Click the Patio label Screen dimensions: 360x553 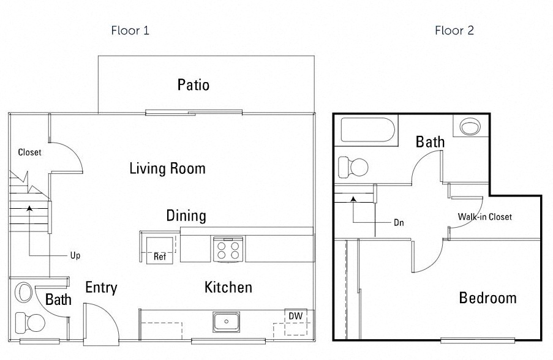tap(193, 84)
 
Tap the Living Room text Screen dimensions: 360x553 tap(167, 168)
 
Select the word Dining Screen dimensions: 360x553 tap(186, 216)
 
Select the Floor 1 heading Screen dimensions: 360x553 tap(130, 30)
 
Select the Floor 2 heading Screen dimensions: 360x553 tap(454, 30)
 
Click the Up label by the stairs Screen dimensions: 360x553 tap(75, 255)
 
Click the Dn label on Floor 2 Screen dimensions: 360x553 tap(399, 223)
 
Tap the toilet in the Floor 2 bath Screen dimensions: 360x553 tap(353, 166)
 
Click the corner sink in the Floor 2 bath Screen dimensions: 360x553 tap(470, 127)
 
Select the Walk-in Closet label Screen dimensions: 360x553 tap(484, 217)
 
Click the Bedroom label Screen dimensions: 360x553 tap(487, 298)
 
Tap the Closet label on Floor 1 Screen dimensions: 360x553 tap(29, 152)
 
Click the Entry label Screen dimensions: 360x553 tap(101, 288)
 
